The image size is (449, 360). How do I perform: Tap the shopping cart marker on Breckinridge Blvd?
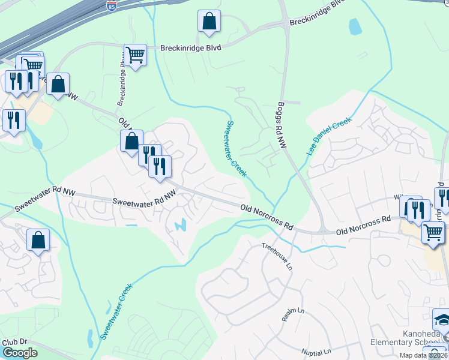(135, 56)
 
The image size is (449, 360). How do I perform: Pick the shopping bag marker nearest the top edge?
(209, 22)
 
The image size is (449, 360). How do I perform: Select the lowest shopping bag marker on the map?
(38, 241)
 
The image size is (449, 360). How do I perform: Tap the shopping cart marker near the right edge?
(433, 232)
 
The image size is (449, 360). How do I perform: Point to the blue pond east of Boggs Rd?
(355, 26)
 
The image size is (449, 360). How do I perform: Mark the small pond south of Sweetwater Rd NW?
(181, 226)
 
